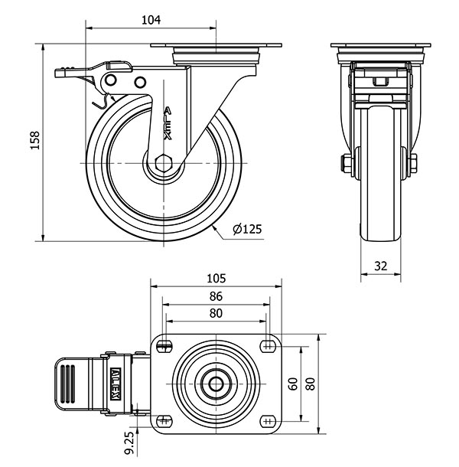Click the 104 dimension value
(151, 21)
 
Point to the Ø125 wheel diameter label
(247, 229)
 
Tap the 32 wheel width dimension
(381, 266)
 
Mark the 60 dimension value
(292, 384)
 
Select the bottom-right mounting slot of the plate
(268, 420)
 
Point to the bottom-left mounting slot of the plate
(164, 420)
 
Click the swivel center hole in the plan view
(216, 384)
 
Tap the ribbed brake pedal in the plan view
(67, 382)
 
